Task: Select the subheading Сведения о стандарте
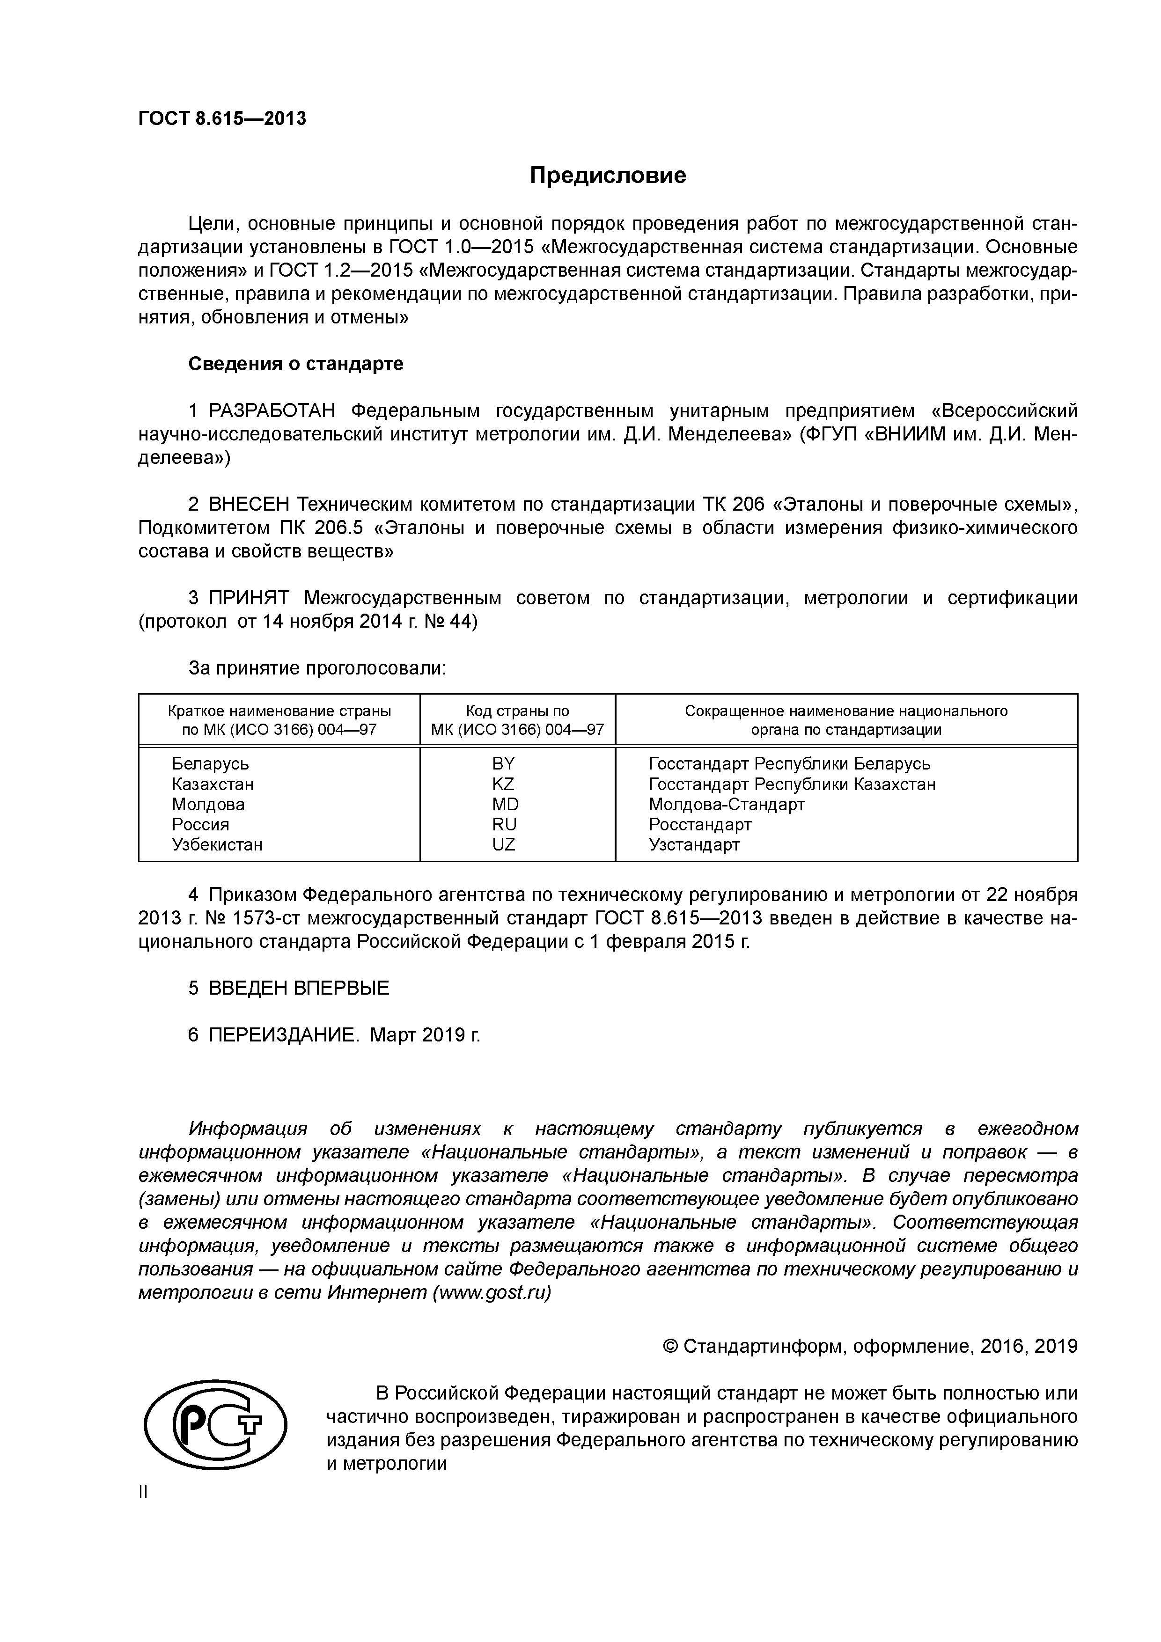click(295, 364)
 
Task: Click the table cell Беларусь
click(210, 764)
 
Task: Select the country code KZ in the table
click(503, 784)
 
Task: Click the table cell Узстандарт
click(694, 844)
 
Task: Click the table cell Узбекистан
click(217, 844)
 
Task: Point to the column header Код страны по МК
click(517, 720)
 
